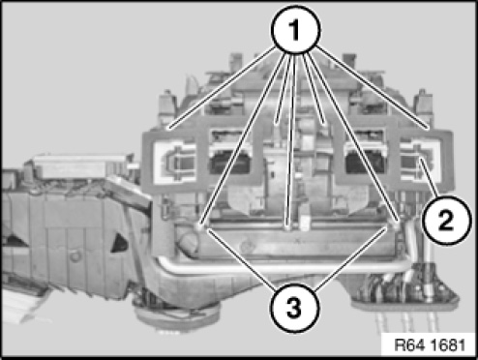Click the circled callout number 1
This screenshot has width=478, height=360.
tap(295, 30)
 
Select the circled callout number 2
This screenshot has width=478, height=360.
tap(446, 221)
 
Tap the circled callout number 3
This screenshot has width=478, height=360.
tap(294, 308)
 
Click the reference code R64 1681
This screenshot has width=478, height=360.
tap(430, 345)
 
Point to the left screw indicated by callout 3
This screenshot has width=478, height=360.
tap(199, 227)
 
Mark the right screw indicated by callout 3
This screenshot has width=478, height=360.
tap(395, 225)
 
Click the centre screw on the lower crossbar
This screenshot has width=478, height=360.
tap(289, 227)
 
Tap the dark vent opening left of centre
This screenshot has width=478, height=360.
tap(230, 162)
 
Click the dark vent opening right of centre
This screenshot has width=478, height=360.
tap(365, 163)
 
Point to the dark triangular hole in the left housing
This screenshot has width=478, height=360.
tap(119, 243)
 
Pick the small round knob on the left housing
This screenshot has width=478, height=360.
tap(75, 256)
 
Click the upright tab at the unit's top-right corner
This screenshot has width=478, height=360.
tap(424, 104)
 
